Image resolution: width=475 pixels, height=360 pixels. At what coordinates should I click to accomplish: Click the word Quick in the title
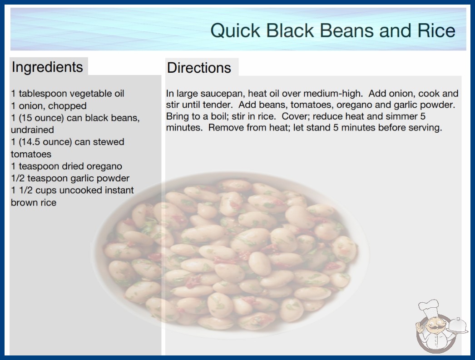click(235, 30)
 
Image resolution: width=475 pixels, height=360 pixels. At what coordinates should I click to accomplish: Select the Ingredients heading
click(47, 67)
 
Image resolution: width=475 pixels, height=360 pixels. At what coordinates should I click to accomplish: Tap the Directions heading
click(199, 68)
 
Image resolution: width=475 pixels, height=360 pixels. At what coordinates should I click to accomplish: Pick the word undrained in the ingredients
click(32, 130)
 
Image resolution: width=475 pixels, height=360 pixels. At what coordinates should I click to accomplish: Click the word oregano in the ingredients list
click(104, 166)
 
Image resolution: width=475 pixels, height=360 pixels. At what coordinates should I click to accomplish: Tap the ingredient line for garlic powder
click(70, 178)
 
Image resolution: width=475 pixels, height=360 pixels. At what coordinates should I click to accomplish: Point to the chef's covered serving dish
click(458, 325)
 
